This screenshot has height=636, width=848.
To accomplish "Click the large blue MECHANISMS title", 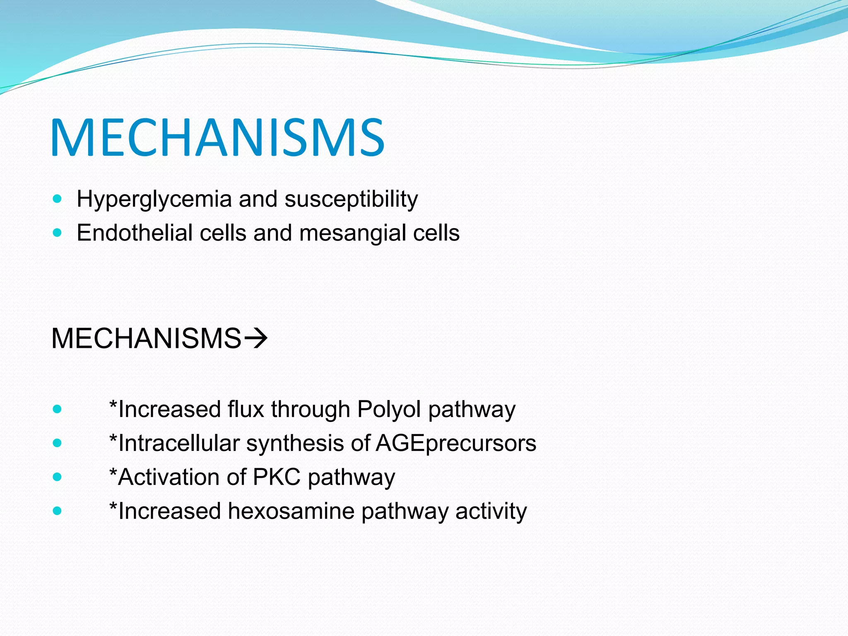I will [x=217, y=137].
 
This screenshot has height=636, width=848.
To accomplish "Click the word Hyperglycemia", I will [x=154, y=200].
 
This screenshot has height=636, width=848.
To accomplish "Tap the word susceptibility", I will [x=351, y=200].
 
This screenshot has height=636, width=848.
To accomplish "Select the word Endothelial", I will [x=135, y=233].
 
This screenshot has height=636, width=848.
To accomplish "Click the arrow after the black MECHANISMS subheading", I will [x=256, y=339].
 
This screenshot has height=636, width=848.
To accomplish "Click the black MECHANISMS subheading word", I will [x=146, y=339].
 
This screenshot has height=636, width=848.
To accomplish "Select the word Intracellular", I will [x=179, y=443].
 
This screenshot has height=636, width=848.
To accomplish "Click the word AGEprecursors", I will [x=456, y=443].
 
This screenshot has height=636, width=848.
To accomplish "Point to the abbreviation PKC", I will [x=276, y=477].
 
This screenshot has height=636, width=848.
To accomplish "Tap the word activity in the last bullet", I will [x=491, y=511].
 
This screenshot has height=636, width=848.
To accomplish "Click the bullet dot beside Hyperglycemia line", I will [x=58, y=199].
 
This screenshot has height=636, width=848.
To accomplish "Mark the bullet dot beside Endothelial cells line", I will [x=58, y=233].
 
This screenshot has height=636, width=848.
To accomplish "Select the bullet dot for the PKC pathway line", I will [x=58, y=477].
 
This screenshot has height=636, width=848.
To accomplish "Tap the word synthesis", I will [x=295, y=443].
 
